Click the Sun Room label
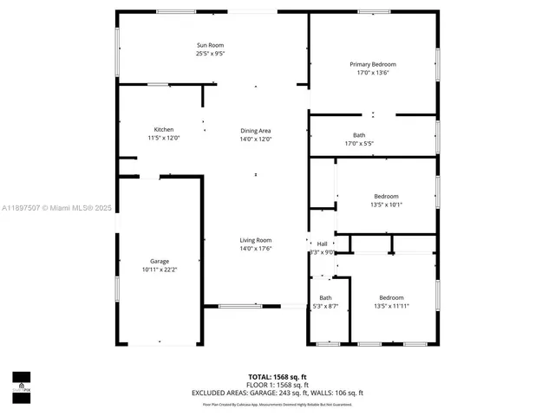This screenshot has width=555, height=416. [210, 45]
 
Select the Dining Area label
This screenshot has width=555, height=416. [256, 131]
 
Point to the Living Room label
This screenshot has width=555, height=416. [256, 240]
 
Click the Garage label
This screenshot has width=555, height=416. [160, 261]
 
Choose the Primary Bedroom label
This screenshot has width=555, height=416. [373, 65]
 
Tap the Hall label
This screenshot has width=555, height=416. [323, 244]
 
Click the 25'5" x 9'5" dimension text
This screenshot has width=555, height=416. [210, 54]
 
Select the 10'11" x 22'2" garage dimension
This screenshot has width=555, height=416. [160, 270]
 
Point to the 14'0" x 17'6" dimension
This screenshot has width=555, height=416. [256, 249]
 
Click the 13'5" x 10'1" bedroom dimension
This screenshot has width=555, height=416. [387, 205]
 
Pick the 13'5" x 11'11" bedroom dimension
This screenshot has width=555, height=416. [391, 306]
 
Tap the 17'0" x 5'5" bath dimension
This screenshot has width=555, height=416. [359, 144]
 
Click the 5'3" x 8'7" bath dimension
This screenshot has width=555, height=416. [325, 306]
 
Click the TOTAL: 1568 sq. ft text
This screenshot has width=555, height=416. [277, 376]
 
